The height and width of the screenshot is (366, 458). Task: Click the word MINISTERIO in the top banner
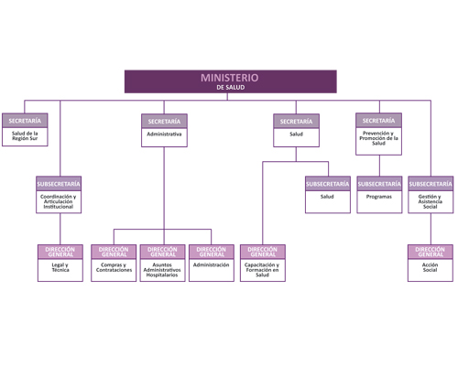(230, 78)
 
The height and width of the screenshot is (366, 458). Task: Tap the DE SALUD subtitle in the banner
(231, 88)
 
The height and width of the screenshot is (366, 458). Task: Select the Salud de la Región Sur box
(25, 130)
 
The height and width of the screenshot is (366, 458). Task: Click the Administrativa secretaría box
(164, 131)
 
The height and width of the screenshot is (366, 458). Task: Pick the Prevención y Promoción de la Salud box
(378, 134)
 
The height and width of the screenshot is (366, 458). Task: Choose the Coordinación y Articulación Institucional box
(59, 195)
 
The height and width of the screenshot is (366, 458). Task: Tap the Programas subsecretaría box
(379, 195)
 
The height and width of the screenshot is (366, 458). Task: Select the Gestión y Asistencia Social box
(431, 195)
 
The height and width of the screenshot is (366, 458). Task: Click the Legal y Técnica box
(60, 263)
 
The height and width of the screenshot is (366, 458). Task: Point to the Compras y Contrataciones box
(114, 263)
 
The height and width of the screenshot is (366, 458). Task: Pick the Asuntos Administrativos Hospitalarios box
(163, 263)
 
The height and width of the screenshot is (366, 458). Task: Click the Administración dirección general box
(212, 263)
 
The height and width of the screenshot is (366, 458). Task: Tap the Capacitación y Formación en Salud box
(263, 263)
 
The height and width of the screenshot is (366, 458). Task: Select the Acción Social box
(431, 263)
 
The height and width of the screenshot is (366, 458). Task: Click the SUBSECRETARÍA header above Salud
(328, 184)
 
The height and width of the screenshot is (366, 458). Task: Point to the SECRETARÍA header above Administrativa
(164, 122)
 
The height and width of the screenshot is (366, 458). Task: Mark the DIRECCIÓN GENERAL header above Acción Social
(431, 252)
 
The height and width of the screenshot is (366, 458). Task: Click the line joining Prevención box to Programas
(379, 166)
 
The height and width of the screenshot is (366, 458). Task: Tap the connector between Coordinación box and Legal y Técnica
(60, 229)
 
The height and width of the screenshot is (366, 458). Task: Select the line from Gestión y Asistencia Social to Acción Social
(431, 229)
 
